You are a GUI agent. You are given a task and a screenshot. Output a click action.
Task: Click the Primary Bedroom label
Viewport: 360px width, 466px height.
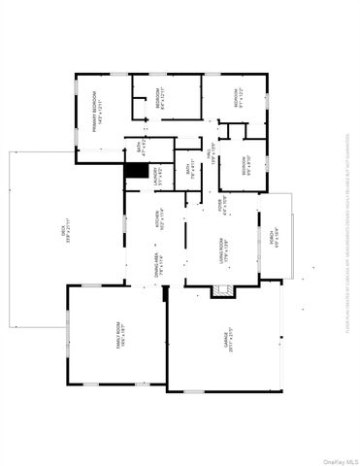[94, 115]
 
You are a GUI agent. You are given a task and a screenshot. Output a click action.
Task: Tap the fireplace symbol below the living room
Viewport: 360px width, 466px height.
[219, 288]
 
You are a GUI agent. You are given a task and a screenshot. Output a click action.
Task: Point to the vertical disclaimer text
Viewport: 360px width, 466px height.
[346, 233]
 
